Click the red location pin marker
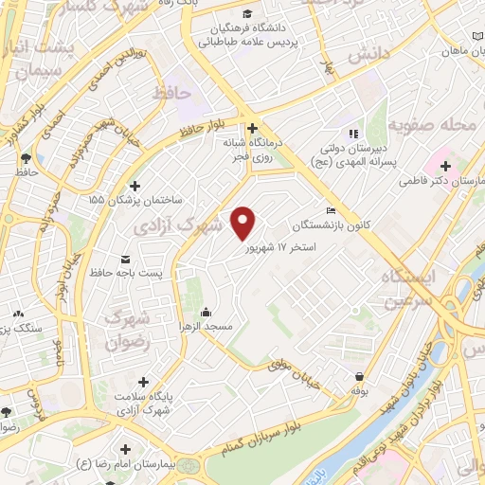pos(244,222)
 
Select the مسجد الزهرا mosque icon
pos(207,313)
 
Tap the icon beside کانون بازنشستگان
pos(330,210)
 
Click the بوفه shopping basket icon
pos(359,375)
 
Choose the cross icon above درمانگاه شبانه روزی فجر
pos(252,128)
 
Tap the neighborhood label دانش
pos(368,56)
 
